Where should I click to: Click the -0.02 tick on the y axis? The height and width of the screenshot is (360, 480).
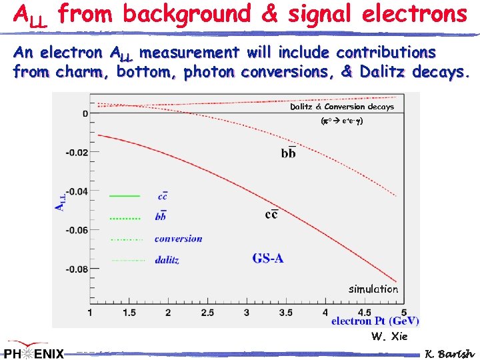(x=77, y=152)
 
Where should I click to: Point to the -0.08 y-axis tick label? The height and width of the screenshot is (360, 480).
(x=77, y=269)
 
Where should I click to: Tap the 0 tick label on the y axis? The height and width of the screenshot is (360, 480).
(x=85, y=113)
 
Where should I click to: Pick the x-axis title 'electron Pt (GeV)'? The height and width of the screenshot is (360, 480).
(x=375, y=321)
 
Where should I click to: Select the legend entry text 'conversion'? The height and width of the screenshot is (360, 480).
(x=178, y=238)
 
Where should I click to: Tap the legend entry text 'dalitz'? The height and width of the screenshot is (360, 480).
(x=167, y=260)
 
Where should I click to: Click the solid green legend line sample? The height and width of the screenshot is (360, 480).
(x=124, y=196)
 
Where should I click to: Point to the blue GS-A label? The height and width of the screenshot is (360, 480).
(x=268, y=258)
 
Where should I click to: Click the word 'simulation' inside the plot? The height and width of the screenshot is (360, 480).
(x=373, y=289)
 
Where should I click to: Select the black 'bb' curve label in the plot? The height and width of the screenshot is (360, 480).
(x=288, y=153)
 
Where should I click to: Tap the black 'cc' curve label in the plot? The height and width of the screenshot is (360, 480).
(x=271, y=214)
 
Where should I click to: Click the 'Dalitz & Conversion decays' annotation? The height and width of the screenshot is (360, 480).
(x=341, y=107)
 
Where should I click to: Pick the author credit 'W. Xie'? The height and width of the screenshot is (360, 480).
(x=389, y=337)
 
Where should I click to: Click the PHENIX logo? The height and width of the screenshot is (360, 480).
(x=33, y=352)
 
